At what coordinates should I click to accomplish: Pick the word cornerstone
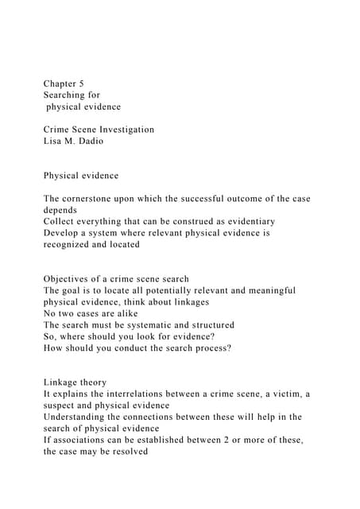point(98,198)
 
